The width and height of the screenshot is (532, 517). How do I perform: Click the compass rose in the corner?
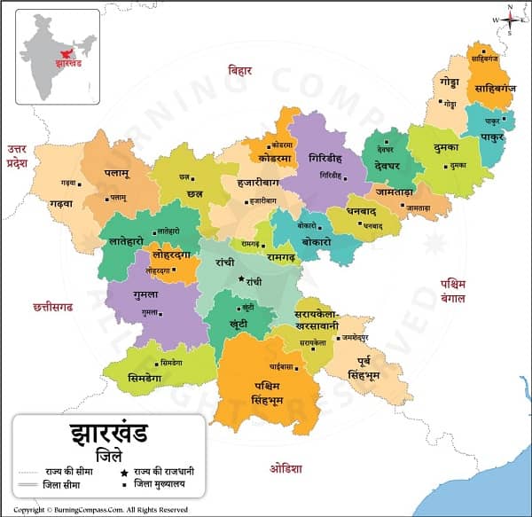[511, 18]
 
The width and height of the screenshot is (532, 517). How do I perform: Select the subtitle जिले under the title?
[107, 465]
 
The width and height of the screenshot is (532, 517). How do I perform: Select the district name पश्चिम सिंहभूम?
[264, 395]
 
